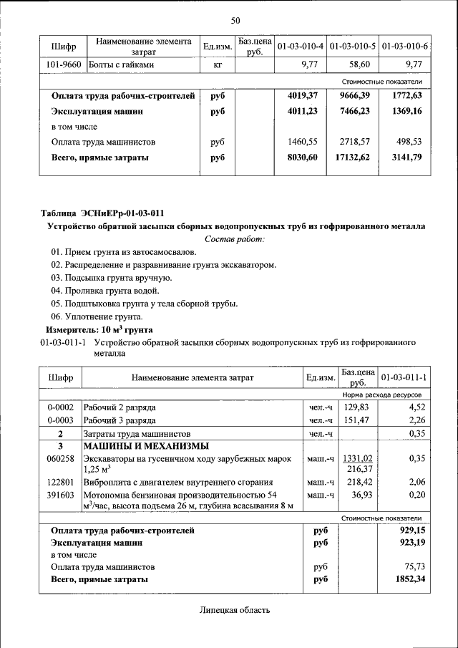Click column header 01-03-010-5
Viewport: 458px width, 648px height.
pos(352,47)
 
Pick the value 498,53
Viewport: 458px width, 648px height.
pos(407,142)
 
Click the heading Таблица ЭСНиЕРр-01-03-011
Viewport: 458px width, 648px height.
pos(102,213)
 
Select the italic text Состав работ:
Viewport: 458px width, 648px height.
pos(235,238)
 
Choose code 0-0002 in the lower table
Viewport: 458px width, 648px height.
pos(61,407)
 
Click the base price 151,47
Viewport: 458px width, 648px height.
pos(356,420)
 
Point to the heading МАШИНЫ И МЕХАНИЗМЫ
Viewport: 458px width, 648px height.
pos(140,445)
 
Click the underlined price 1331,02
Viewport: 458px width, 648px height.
pos(358,458)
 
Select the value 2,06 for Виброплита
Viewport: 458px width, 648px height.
pos(416,483)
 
